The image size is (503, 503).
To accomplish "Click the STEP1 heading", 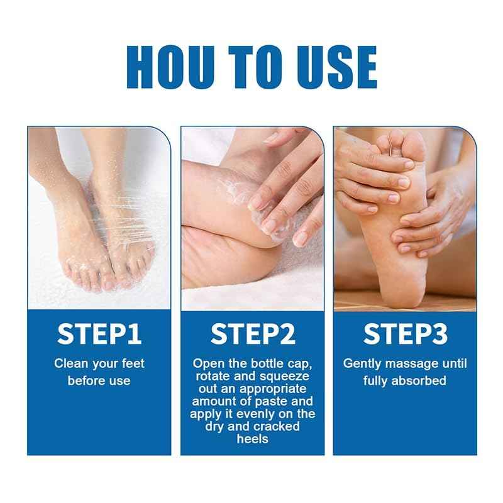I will pyautogui.click(x=99, y=334).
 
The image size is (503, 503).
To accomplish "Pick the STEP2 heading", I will pyautogui.click(x=253, y=334).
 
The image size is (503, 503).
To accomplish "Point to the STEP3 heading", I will pyautogui.click(x=404, y=334).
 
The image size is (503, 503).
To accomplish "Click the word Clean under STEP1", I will pyautogui.click(x=69, y=363).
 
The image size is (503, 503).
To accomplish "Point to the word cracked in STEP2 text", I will pyautogui.click(x=279, y=426).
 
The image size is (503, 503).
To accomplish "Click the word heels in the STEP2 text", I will pyautogui.click(x=253, y=439).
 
